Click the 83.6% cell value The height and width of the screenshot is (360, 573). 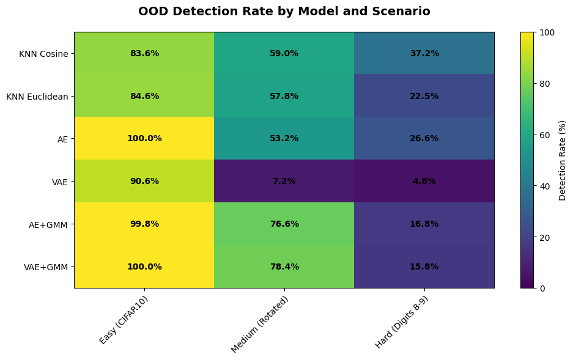(x=144, y=53)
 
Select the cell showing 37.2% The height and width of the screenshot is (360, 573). (x=424, y=53)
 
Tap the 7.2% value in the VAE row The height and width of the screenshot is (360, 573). (x=284, y=181)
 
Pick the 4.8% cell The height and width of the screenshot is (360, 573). (x=424, y=181)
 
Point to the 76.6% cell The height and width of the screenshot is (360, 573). (x=284, y=224)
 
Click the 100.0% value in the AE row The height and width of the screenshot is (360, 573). (x=144, y=138)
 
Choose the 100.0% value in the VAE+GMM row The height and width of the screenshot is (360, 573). (x=144, y=266)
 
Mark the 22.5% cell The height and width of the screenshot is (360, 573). (x=424, y=96)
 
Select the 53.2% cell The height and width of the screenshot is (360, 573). (x=284, y=138)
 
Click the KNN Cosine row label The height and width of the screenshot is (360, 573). (x=43, y=54)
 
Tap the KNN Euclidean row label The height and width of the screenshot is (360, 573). (x=37, y=97)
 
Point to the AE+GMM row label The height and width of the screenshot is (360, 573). (x=48, y=225)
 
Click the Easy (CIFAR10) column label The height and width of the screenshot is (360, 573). (x=125, y=320)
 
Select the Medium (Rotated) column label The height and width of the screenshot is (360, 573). (x=260, y=324)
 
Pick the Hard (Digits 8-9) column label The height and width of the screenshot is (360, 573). (x=402, y=322)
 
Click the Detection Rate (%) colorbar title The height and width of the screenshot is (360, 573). (x=563, y=161)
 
